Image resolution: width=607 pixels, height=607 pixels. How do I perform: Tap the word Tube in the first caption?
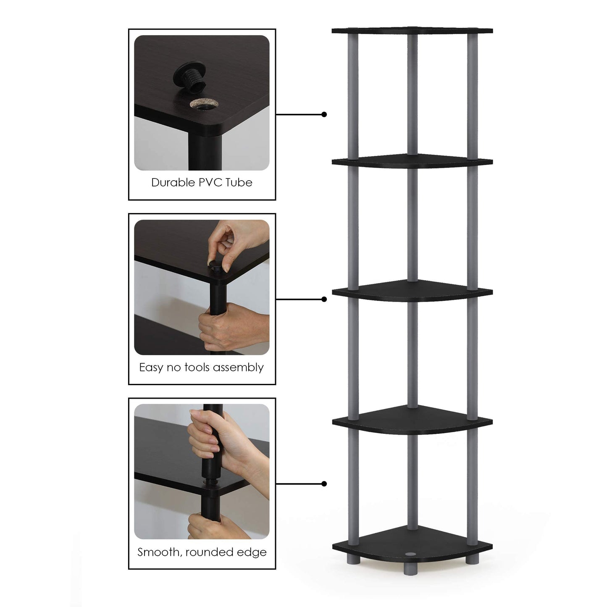(x=239, y=183)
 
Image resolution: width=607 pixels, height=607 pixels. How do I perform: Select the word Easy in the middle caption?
(x=151, y=368)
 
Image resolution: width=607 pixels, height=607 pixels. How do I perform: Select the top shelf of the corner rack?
(x=412, y=31)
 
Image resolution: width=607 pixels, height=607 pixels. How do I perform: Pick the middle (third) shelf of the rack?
(x=412, y=291)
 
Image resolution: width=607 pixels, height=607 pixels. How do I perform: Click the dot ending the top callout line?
(x=324, y=114)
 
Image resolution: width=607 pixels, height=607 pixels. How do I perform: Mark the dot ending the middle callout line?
(x=324, y=299)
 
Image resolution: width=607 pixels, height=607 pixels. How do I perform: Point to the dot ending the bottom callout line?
(x=324, y=484)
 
